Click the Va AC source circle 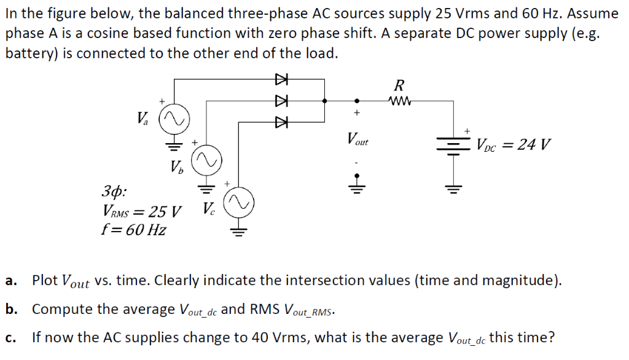pos(174,117)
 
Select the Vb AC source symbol pos(206,161)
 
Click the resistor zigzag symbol pos(400,100)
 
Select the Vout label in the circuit pos(357,139)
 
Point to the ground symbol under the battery pos(454,188)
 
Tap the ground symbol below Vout pos(356,187)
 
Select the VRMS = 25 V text pos(142,213)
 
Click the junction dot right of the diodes pos(325,100)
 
